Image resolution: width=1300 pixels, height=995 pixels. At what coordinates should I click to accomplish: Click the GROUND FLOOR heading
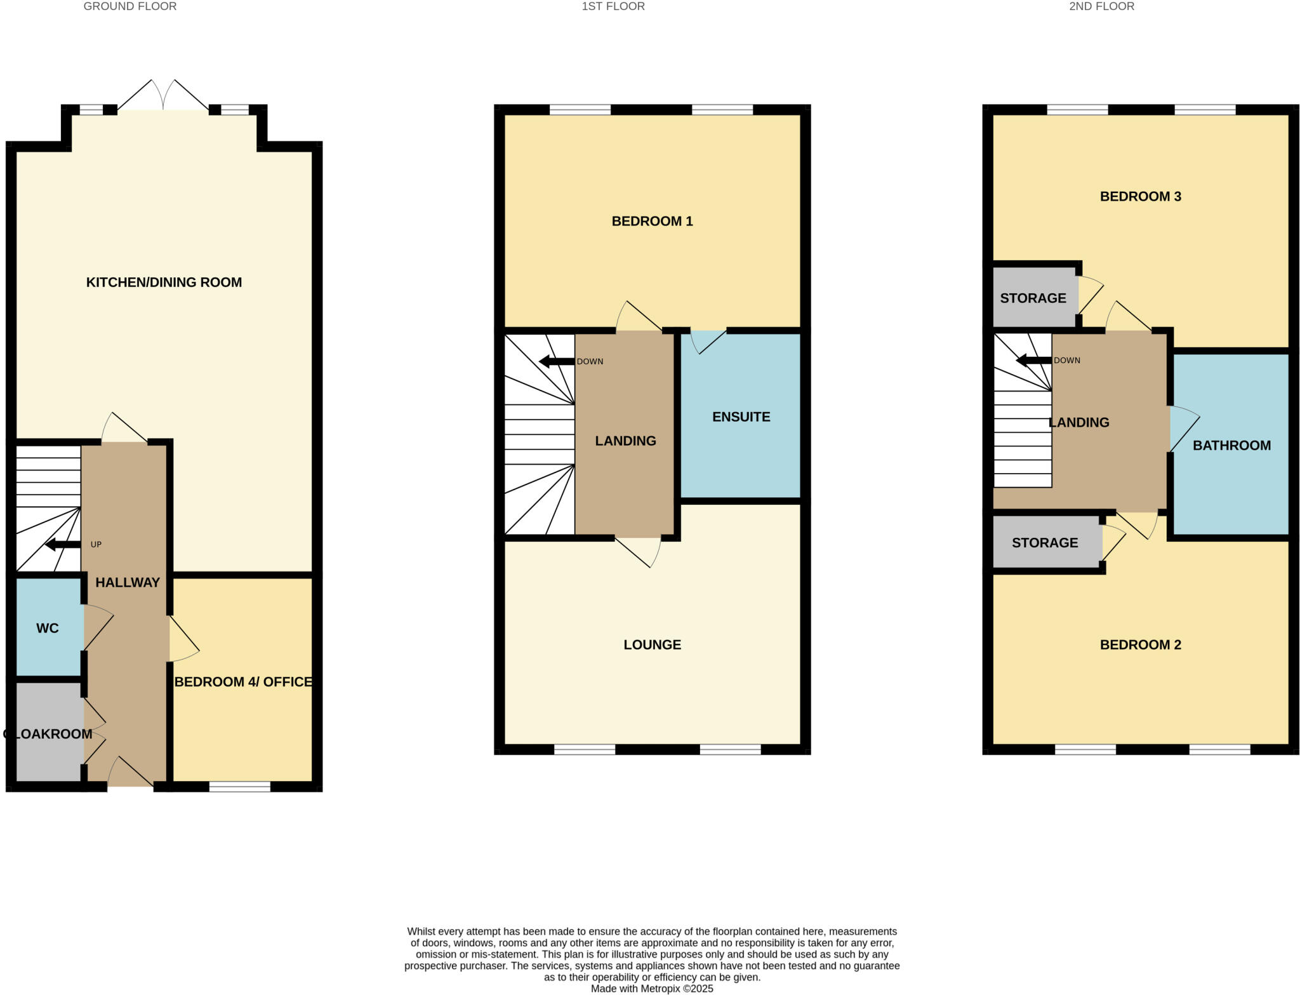pos(130,6)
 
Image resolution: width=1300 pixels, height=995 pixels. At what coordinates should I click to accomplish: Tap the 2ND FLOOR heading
pos(1101,6)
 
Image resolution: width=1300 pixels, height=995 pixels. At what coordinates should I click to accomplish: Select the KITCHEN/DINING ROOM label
pos(164,283)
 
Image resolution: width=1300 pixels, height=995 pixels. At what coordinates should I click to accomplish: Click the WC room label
pos(48,628)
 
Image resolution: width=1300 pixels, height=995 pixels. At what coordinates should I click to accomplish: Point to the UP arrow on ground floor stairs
pos(63,544)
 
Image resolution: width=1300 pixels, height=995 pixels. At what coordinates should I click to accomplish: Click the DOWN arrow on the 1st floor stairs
pos(556,362)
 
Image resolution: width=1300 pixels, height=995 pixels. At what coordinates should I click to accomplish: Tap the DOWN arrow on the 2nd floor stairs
pos(1033,361)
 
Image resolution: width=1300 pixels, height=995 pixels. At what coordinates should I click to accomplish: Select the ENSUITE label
pos(741,417)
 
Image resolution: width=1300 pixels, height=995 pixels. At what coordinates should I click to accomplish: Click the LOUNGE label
pos(652,645)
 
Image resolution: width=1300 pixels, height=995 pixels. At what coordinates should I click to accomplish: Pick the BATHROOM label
pos(1231,446)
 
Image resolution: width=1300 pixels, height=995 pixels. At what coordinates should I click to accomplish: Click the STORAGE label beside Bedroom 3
pos(1033,298)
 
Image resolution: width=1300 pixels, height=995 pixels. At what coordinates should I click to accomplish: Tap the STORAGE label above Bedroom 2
pos(1045,543)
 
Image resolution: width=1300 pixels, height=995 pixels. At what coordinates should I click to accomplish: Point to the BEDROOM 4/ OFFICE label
pos(243,682)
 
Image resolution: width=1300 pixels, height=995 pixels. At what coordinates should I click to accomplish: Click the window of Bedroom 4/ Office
pos(239,787)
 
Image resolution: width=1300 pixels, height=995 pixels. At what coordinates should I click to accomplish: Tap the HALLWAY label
pos(128,582)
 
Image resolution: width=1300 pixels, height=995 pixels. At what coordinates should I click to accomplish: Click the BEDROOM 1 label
pos(652,222)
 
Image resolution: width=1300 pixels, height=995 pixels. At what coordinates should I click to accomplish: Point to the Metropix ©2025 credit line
pos(652,989)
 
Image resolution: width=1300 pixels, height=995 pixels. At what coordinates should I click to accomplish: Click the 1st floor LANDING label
pos(625,441)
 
